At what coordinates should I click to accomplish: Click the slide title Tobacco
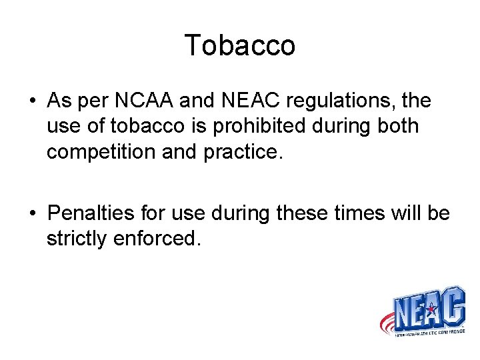pos(239,45)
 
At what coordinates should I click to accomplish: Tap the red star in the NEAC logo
pos(431,309)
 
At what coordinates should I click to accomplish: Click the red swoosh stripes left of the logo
pos(387,324)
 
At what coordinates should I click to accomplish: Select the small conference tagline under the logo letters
pos(427,331)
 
